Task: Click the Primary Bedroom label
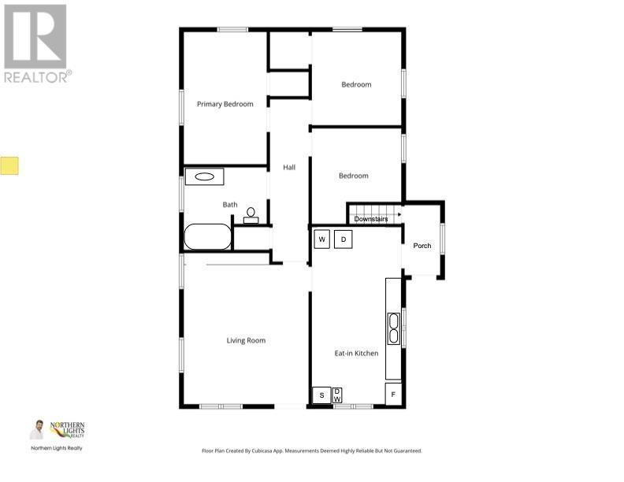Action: point(225,104)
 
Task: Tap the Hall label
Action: point(289,167)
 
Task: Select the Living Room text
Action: point(246,340)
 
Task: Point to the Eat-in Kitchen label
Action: point(356,353)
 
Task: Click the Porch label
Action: point(422,246)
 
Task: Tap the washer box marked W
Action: point(322,239)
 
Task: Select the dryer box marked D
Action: point(343,239)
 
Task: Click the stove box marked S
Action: point(321,395)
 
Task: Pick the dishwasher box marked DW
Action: point(337,395)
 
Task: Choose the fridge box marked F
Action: point(394,394)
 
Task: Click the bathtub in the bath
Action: point(208,236)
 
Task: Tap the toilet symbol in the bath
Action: point(251,215)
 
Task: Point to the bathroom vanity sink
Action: point(205,177)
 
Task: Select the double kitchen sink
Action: point(393,328)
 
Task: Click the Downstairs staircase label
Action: point(376,219)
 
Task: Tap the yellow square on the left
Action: point(9,165)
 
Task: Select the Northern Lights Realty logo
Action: point(67,430)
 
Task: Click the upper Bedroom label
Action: point(356,84)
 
